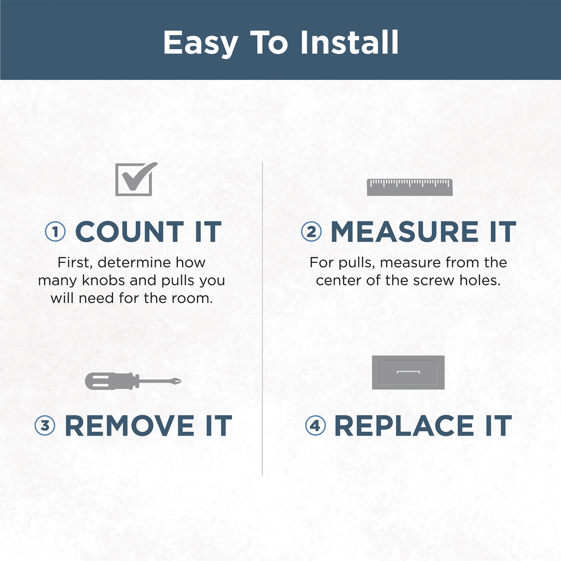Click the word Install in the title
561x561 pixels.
(x=349, y=43)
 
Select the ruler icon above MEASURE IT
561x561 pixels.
(x=410, y=187)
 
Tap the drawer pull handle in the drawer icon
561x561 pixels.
(x=408, y=372)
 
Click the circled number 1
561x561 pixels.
(x=55, y=231)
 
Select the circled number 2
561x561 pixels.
(x=311, y=231)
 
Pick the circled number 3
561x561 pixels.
(x=45, y=425)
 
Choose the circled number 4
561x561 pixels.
(x=315, y=425)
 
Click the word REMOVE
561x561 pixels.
(x=130, y=425)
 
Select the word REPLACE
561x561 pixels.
(x=404, y=425)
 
